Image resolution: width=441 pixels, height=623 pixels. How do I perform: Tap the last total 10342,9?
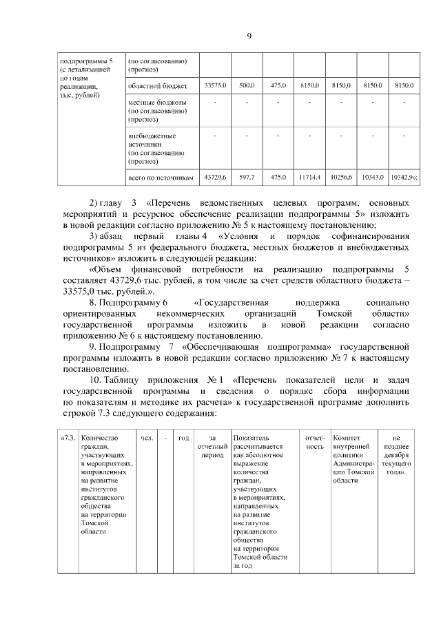click(x=403, y=177)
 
